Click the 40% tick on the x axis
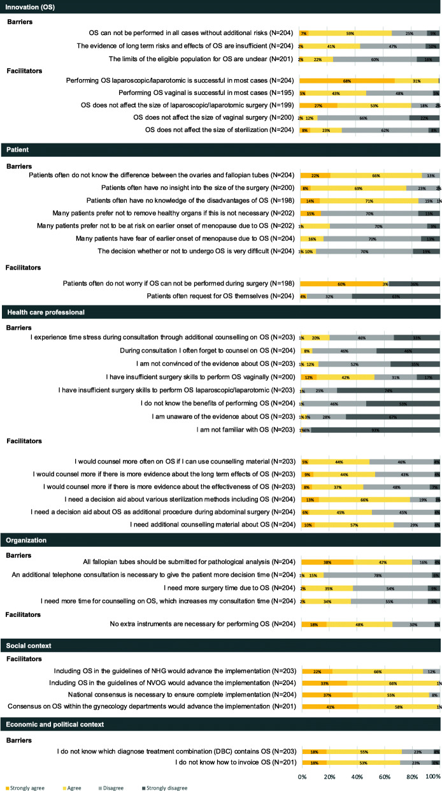coord(357,777)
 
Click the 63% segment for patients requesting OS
coord(395,296)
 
